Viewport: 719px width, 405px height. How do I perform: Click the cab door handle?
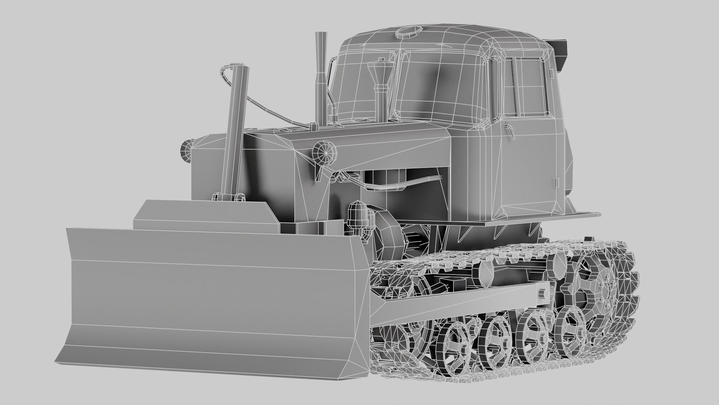[510, 130]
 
